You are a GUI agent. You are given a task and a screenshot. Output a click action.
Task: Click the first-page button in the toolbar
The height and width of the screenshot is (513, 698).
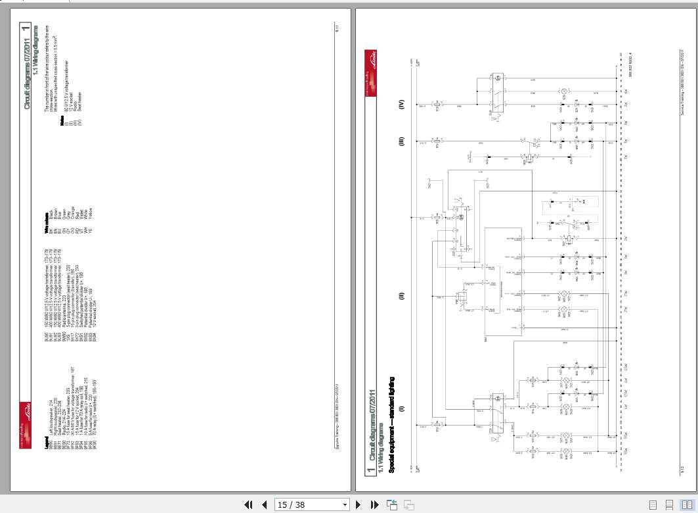tap(249, 505)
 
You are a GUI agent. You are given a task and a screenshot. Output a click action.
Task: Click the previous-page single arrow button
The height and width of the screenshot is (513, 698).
tap(264, 505)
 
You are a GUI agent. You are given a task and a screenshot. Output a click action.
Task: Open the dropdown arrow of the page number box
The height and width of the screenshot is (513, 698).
tap(345, 505)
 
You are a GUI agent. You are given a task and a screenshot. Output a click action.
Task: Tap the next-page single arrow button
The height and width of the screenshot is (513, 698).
tap(359, 505)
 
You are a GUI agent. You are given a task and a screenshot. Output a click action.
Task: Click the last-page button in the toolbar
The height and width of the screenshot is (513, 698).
tap(374, 505)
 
